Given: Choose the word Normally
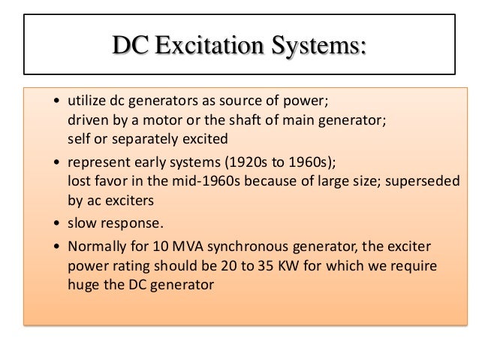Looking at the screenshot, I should (x=98, y=247).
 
